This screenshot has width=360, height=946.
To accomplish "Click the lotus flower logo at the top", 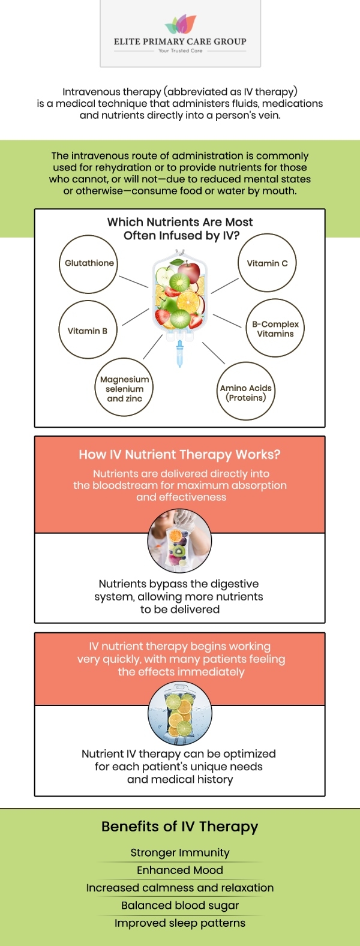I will click(x=180, y=25).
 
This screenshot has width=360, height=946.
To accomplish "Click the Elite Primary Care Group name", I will click(x=180, y=41).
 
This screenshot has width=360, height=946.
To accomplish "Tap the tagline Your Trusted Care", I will click(x=180, y=51).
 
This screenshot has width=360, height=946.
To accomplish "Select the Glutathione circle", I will click(x=89, y=264).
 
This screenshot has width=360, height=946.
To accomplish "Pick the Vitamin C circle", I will click(x=267, y=263).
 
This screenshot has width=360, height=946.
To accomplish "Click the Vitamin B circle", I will click(x=88, y=331).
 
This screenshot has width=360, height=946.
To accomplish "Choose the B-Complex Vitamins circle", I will click(x=275, y=329).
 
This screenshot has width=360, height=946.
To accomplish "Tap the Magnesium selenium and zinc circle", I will click(x=124, y=389).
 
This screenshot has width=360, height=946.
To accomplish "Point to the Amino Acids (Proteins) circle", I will click(x=246, y=392).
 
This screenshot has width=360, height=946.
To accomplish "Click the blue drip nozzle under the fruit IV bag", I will click(x=179, y=354).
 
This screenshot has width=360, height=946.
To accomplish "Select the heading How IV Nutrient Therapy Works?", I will click(x=179, y=455).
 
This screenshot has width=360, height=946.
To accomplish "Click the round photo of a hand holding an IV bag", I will click(x=179, y=542).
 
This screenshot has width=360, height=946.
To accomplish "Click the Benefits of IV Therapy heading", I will click(x=179, y=827).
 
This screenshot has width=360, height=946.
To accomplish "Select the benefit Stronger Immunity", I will click(x=180, y=852).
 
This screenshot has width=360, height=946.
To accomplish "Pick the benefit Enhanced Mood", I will click(x=180, y=870).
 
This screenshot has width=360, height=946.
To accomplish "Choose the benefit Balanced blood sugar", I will click(x=180, y=905).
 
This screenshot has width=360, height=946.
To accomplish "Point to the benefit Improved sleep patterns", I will click(x=180, y=923).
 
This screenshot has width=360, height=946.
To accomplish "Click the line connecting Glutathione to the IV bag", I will click(x=133, y=281).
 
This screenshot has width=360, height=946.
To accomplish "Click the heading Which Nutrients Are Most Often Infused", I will click(x=180, y=229).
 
